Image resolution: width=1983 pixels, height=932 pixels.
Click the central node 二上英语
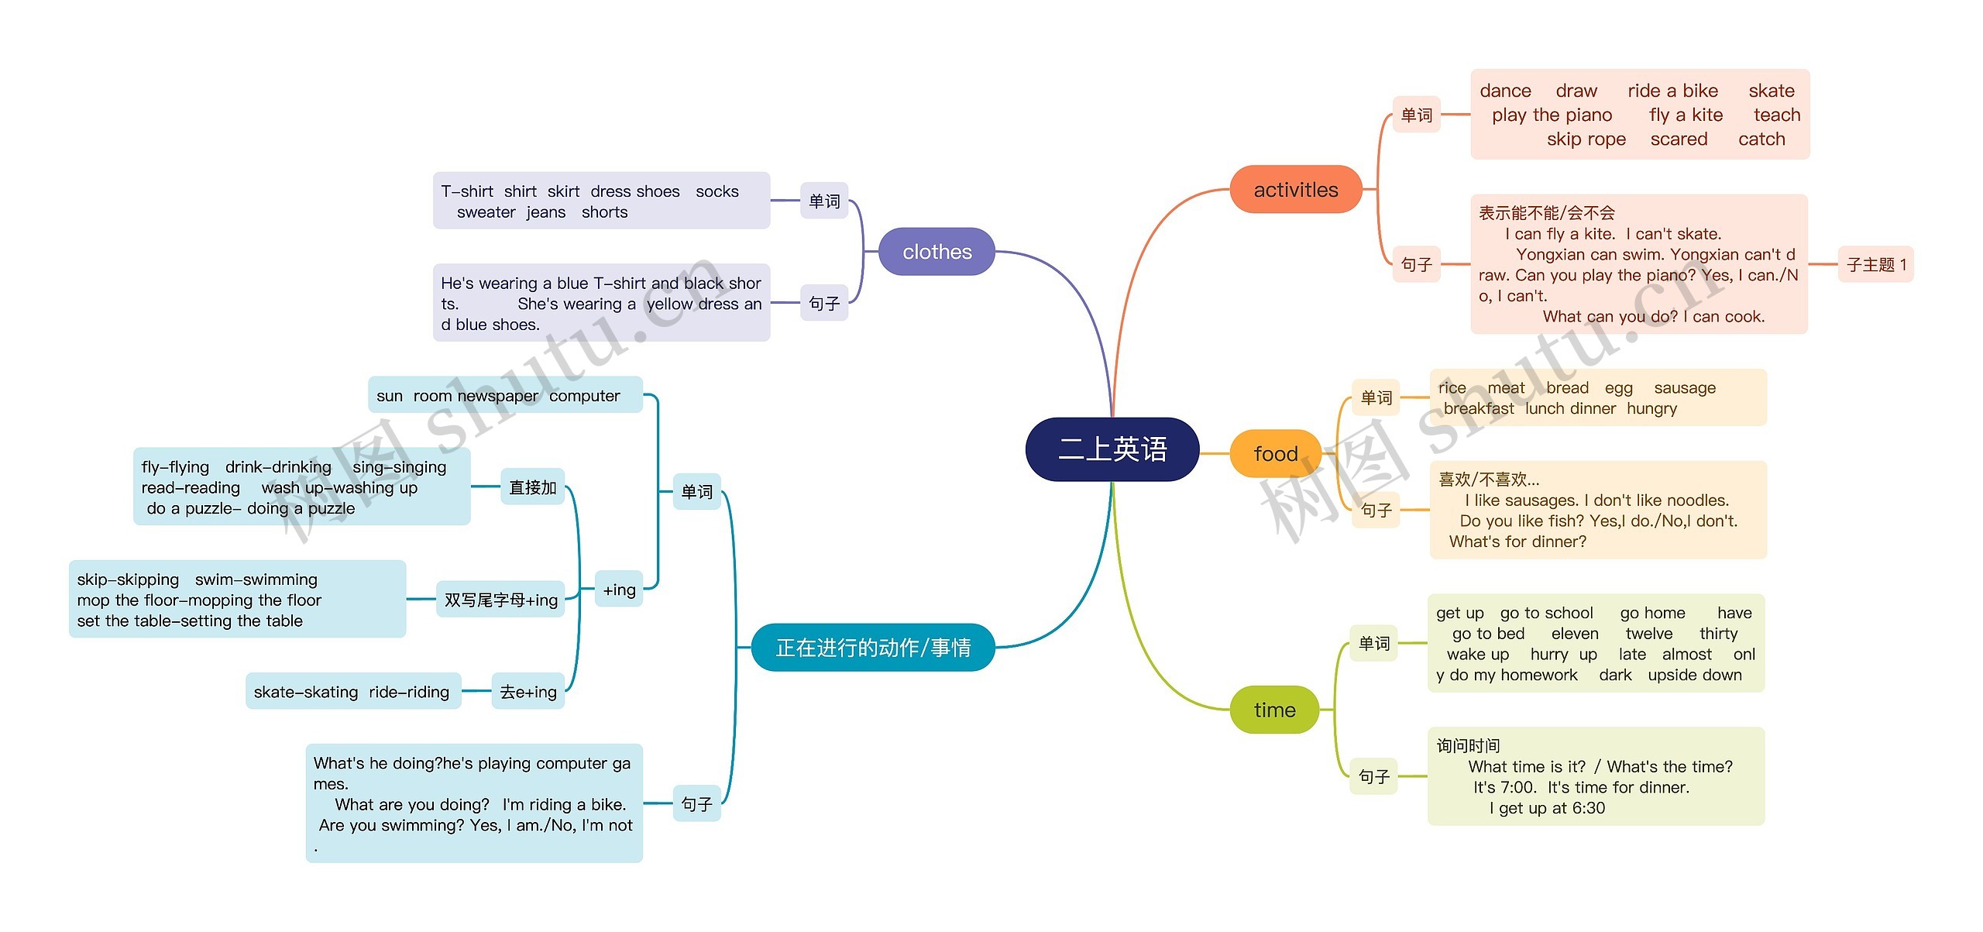pyautogui.click(x=1112, y=449)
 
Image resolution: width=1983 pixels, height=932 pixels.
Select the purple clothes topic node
pyautogui.click(x=937, y=252)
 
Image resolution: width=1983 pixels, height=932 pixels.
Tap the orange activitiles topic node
pyautogui.click(x=1295, y=190)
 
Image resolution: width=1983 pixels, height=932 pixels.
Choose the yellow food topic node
pyautogui.click(x=1275, y=453)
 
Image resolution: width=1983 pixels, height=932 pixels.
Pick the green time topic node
pyautogui.click(x=1274, y=710)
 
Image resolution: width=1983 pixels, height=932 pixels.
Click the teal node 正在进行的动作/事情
pyautogui.click(x=873, y=647)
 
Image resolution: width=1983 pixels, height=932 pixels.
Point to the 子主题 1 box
pyautogui.click(x=1875, y=265)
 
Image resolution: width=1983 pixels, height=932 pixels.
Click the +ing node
pyautogui.click(x=619, y=590)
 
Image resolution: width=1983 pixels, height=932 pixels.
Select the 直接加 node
pyautogui.click(x=532, y=487)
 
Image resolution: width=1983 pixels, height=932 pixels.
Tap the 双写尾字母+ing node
pyautogui.click(x=500, y=600)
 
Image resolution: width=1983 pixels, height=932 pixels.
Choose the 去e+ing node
pyautogui.click(x=528, y=692)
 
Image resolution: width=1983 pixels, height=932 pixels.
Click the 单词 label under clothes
pyautogui.click(x=824, y=201)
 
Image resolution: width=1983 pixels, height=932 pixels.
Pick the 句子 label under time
pyautogui.click(x=1373, y=776)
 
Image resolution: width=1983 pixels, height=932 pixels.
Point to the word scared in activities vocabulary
pyautogui.click(x=1679, y=139)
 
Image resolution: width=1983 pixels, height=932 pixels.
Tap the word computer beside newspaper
pyautogui.click(x=584, y=396)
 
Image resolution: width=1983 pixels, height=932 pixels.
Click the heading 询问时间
pyautogui.click(x=1468, y=746)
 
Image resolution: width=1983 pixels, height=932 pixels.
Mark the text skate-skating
pyautogui.click(x=305, y=692)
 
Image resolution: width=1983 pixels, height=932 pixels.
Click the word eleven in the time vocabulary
pyautogui.click(x=1574, y=634)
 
